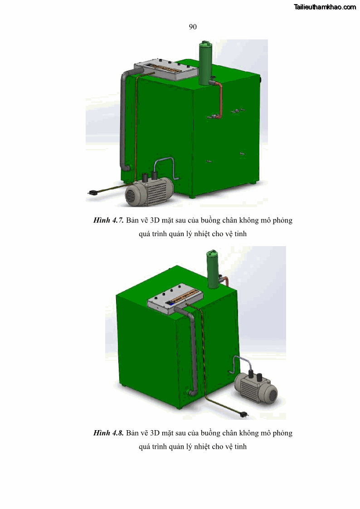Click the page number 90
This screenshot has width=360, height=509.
point(193,27)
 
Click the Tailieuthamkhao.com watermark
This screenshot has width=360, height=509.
point(325,7)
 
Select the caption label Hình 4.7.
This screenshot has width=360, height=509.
point(108,220)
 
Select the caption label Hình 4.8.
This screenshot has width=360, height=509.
point(108,433)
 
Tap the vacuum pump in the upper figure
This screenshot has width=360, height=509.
point(149,190)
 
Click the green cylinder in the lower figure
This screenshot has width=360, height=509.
point(213,269)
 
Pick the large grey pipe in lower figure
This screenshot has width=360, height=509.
point(194,350)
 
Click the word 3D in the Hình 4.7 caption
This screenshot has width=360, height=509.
point(155,220)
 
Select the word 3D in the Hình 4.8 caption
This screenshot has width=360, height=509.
point(155,433)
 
